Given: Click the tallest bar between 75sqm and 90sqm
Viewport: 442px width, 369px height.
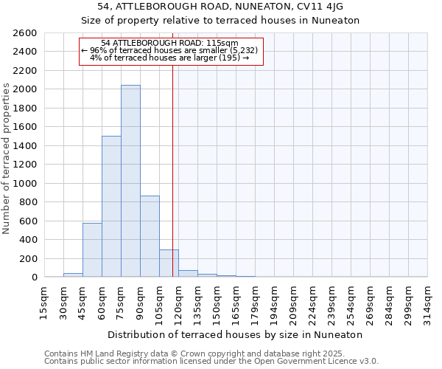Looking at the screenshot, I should (x=130, y=181).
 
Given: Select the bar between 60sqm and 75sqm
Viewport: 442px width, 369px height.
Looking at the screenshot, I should (x=111, y=207).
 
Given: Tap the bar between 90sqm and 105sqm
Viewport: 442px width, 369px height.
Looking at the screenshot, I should (x=150, y=236).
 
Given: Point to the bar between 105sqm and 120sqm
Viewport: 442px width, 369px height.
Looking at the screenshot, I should (x=169, y=263).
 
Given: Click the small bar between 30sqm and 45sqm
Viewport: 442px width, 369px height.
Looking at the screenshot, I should (x=73, y=275).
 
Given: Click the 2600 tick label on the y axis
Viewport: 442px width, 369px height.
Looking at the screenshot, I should (x=25, y=33).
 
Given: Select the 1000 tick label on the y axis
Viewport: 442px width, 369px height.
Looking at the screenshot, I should (x=25, y=183).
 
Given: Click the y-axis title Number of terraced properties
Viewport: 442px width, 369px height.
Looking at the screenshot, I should (x=7, y=158).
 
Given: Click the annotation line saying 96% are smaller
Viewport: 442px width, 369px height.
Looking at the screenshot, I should (x=169, y=50).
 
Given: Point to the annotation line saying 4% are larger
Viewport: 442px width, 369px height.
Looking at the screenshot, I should (x=169, y=58).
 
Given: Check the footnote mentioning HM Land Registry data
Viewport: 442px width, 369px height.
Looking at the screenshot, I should (x=211, y=354).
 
